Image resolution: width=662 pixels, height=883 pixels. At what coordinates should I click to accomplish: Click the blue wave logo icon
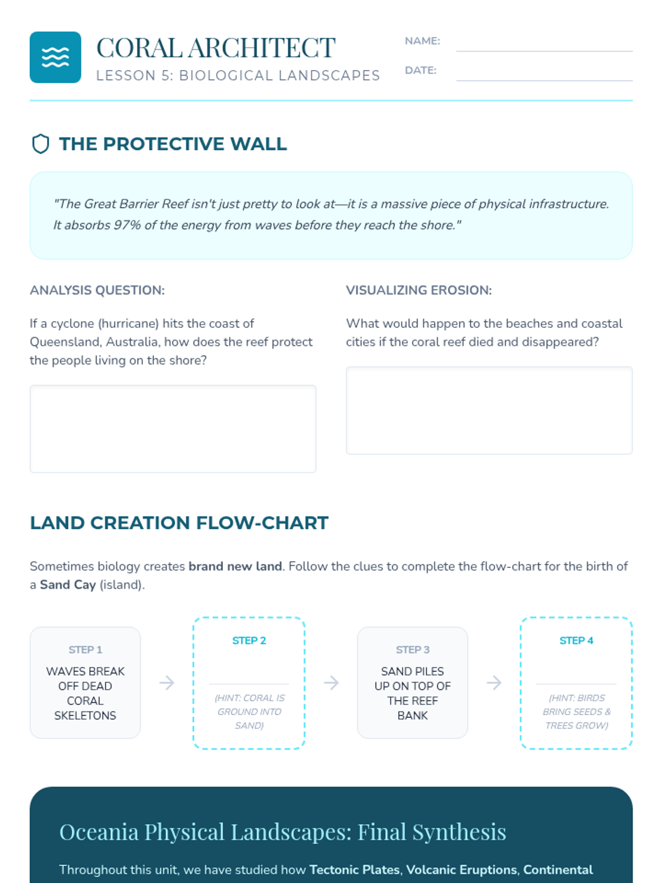(x=56, y=57)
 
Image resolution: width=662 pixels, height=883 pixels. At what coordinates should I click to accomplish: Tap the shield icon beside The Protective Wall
(x=41, y=144)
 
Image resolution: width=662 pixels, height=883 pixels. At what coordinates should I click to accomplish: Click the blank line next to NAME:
(x=544, y=51)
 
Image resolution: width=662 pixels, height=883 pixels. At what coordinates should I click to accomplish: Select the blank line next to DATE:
(x=544, y=81)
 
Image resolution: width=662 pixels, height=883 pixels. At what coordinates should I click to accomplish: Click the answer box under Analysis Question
(x=173, y=429)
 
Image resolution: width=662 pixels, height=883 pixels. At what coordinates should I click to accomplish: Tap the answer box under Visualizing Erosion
(x=489, y=411)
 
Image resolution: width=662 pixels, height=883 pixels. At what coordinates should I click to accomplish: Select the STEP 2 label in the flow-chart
(x=249, y=640)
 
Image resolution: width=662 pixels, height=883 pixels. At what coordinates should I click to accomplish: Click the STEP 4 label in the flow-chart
(x=576, y=640)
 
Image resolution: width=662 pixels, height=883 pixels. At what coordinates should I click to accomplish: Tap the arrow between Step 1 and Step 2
(x=167, y=683)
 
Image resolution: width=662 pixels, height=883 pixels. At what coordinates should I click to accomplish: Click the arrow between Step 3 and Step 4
(x=494, y=683)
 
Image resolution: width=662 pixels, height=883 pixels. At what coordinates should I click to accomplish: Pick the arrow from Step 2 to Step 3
(x=331, y=683)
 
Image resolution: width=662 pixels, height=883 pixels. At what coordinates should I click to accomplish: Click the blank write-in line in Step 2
(x=249, y=684)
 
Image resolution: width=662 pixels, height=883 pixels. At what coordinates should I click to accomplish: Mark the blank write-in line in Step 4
(x=576, y=684)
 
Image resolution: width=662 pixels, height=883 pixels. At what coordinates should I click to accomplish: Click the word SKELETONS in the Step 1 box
(x=85, y=716)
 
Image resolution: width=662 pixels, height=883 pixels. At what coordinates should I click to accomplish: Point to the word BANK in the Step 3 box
(x=413, y=716)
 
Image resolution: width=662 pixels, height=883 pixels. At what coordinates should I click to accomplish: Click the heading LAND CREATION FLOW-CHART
(x=179, y=523)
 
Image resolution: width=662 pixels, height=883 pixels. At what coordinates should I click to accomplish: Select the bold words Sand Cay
(x=68, y=584)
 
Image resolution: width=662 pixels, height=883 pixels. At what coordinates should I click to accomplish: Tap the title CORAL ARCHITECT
(x=216, y=47)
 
